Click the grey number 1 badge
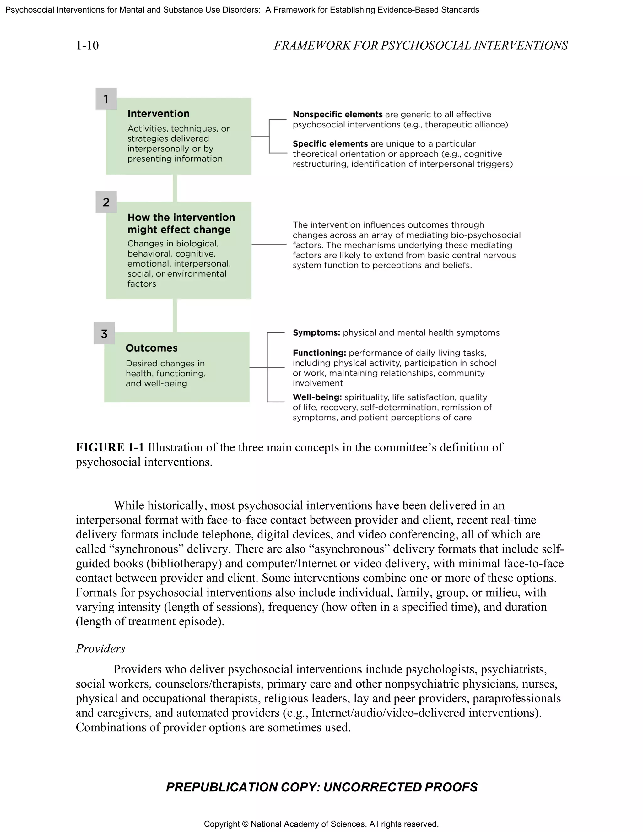pyautogui.click(x=106, y=99)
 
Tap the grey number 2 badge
pyautogui.click(x=106, y=202)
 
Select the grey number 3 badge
pyautogui.click(x=104, y=334)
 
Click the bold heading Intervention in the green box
pyautogui.click(x=158, y=114)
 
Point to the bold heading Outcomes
pyautogui.click(x=151, y=348)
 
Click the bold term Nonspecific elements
pyautogui.click(x=337, y=114)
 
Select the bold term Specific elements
pyautogui.click(x=330, y=143)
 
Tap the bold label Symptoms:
pyautogui.click(x=316, y=332)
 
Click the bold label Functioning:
pyautogui.click(x=319, y=353)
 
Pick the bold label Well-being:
pyautogui.click(x=317, y=397)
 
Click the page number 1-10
pyautogui.click(x=87, y=45)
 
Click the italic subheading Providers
pyautogui.click(x=100, y=648)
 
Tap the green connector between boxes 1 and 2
pyautogui.click(x=175, y=188)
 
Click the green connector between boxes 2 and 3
pyautogui.click(x=175, y=316)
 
